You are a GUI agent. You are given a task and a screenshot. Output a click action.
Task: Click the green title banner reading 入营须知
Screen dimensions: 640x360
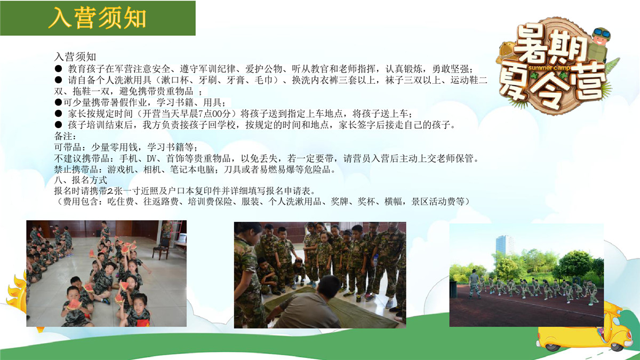pos(98,18)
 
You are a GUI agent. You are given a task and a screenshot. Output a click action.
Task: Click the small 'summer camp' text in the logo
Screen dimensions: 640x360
pos(549,68)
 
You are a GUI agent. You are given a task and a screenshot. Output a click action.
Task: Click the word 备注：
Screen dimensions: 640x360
pos(66,136)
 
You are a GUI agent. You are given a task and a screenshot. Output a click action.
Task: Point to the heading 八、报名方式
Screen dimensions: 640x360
pos(81,180)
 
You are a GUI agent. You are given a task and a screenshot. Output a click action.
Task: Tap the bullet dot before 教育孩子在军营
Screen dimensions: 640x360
pos(58,69)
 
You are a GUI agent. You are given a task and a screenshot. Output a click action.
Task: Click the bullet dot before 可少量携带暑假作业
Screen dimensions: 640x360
pos(58,102)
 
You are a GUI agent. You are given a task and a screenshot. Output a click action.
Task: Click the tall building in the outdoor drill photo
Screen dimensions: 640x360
pos(505,246)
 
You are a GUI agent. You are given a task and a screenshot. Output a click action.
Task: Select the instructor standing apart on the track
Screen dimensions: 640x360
pos(474,284)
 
